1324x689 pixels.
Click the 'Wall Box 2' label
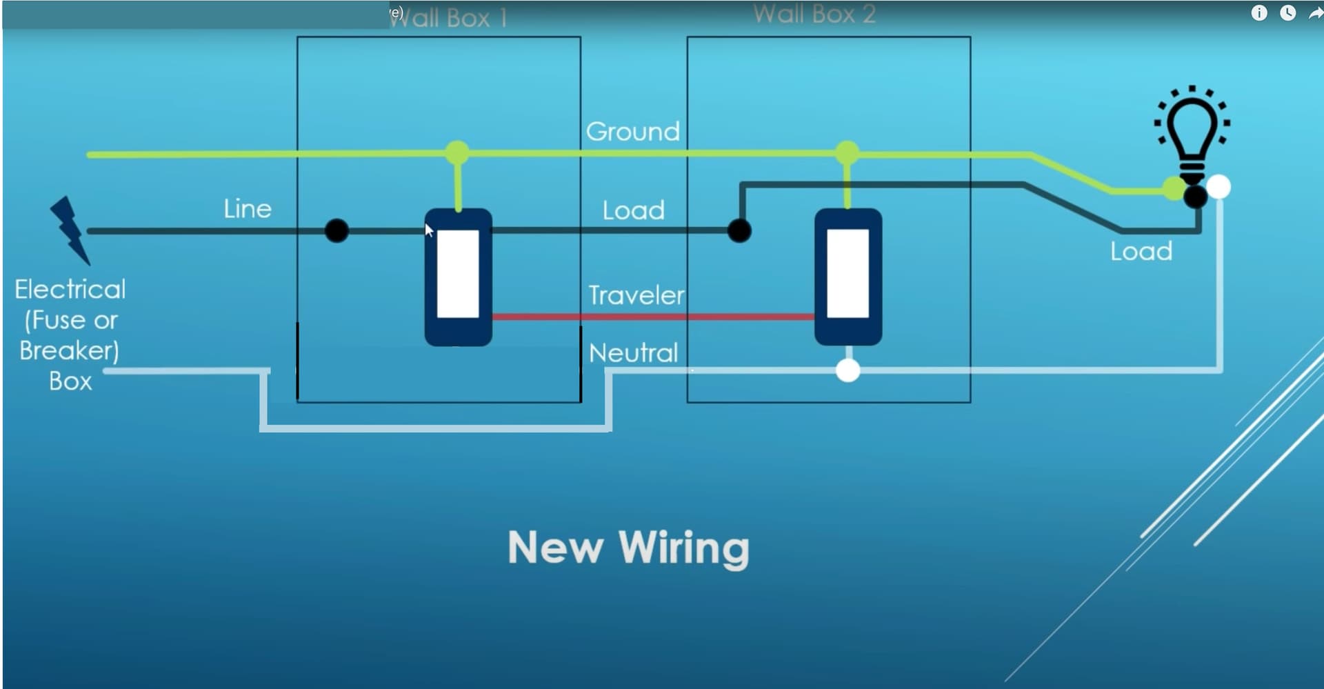814,14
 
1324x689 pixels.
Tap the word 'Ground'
632,131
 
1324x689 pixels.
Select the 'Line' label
247,208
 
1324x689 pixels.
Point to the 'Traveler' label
636,295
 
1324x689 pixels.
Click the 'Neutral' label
633,353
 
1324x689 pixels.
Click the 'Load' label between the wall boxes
633,210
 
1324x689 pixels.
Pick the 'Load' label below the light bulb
1141,251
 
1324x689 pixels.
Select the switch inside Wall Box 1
458,277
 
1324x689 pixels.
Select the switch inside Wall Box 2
847,277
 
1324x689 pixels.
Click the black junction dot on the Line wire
337,230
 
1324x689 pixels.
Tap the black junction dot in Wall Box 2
739,230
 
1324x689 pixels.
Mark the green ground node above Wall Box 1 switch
457,152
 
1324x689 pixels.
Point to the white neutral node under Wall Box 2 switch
847,370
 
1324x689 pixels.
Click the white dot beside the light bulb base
1218,187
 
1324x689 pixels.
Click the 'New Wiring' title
628,548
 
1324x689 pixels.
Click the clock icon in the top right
1287,13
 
